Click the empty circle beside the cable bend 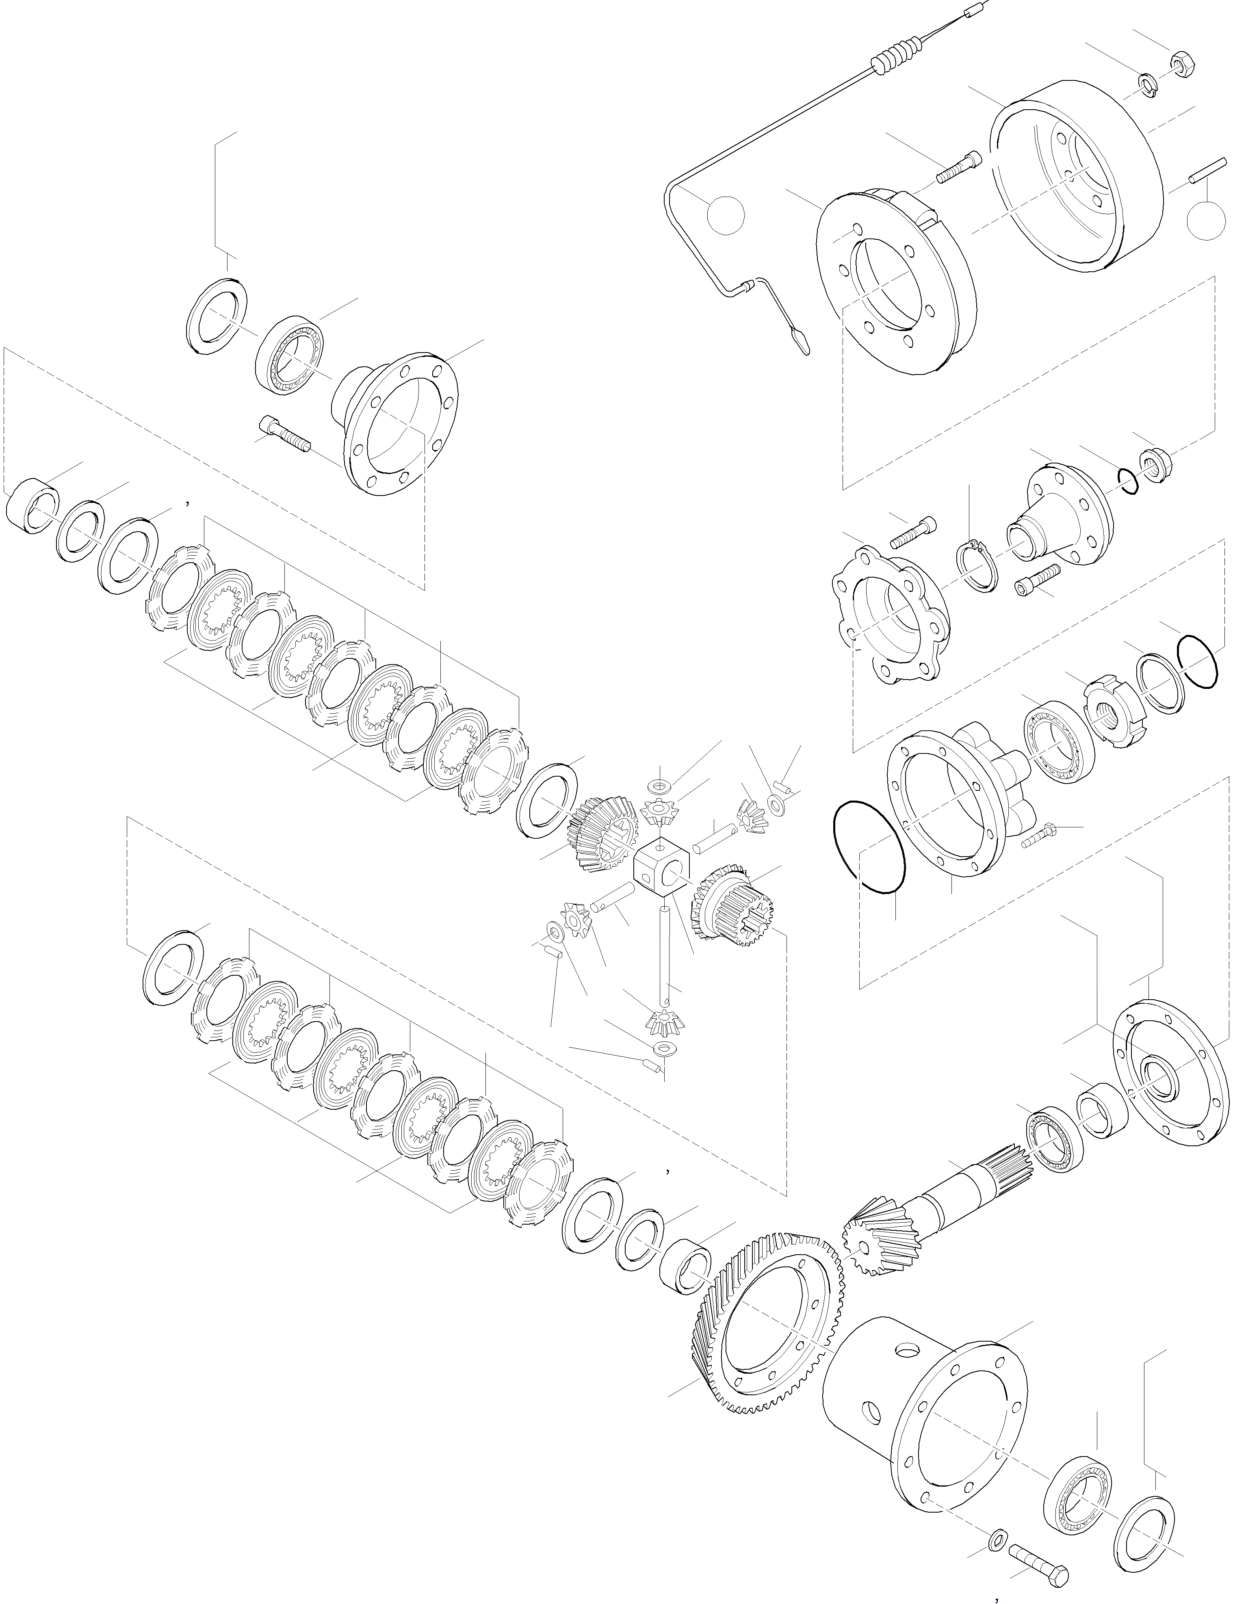725,215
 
